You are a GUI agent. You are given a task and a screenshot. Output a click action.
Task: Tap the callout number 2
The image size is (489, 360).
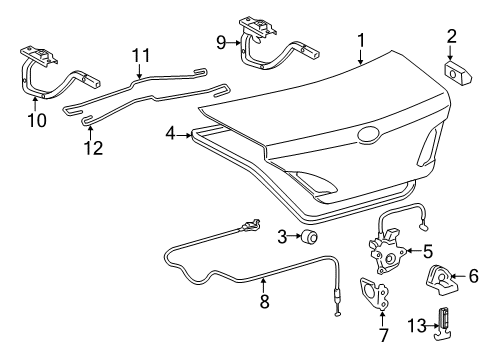pos(451,37)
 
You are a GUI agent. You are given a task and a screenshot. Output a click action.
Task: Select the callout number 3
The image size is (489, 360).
pos(284,236)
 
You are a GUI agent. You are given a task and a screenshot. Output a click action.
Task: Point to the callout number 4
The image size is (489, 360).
pos(171,132)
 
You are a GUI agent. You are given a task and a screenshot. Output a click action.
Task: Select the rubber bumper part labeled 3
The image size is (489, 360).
pos(309,237)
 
